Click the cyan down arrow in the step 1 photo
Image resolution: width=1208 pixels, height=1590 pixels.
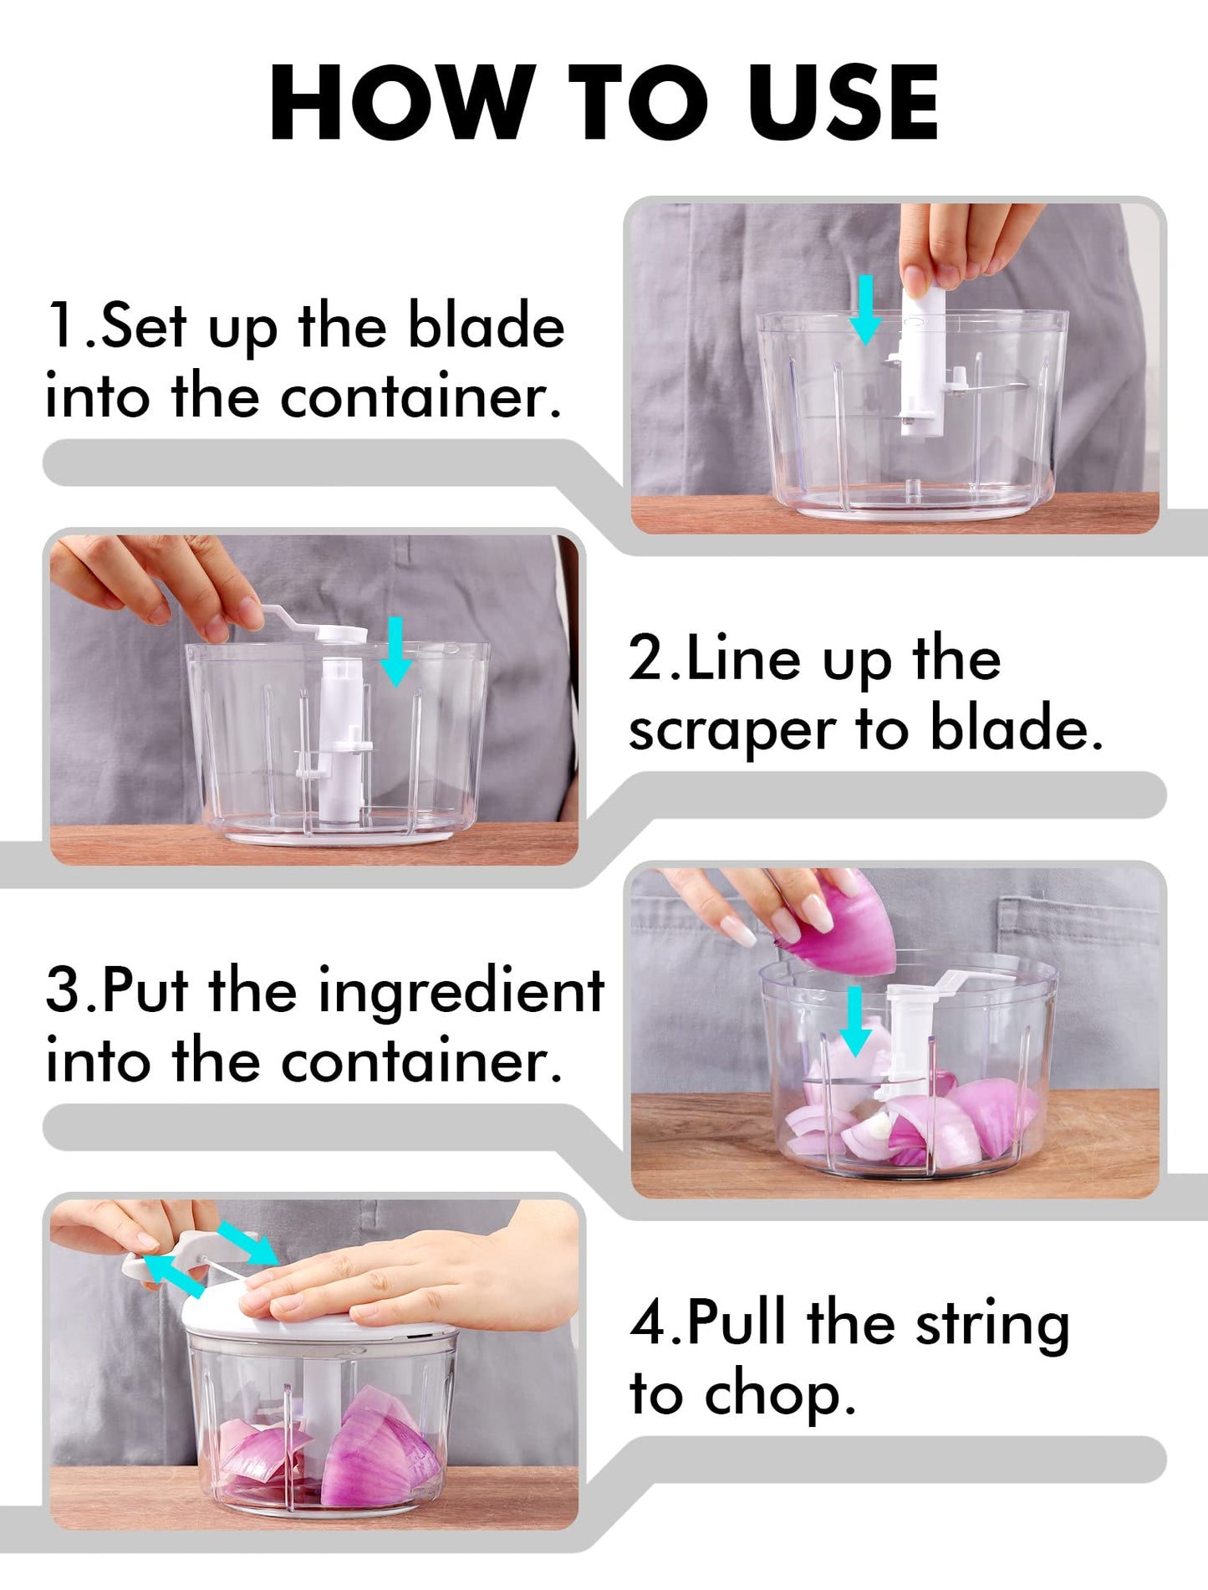[x=866, y=310]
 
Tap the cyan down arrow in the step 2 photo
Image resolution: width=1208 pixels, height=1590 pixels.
[x=395, y=652]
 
